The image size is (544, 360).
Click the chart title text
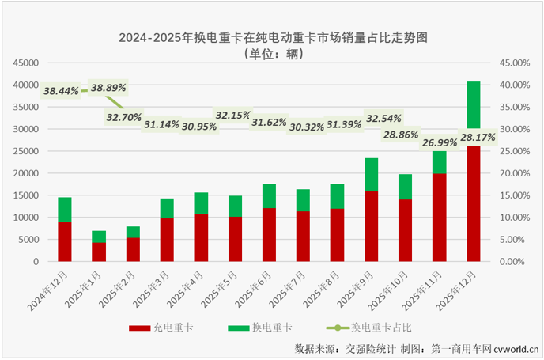tap(271, 37)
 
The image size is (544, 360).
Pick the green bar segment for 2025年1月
tap(99, 237)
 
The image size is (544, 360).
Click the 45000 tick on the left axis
tap(26, 63)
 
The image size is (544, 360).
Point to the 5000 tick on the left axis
tap(28, 239)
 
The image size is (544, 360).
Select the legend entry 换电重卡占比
tap(380, 326)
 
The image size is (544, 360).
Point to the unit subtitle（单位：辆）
tap(273, 55)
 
